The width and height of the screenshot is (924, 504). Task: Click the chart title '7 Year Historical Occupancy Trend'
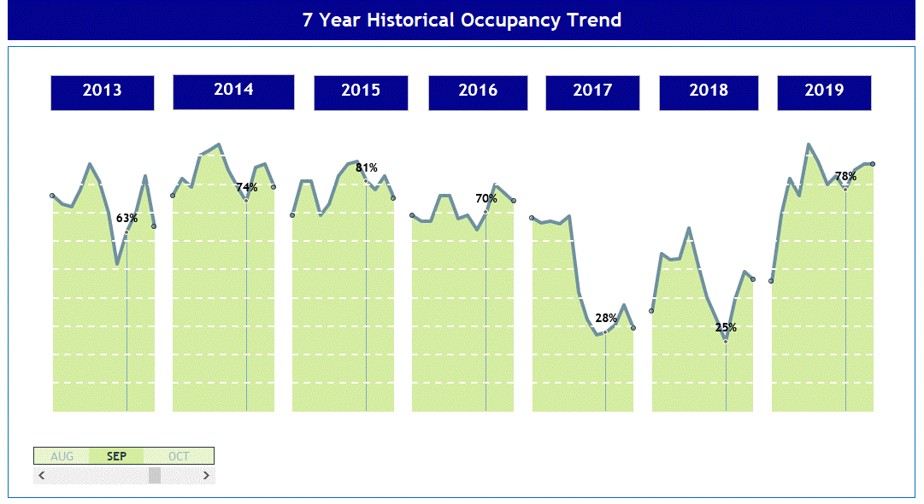pyautogui.click(x=462, y=21)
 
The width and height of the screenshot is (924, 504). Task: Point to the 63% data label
pyautogui.click(x=127, y=218)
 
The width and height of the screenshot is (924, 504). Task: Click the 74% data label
pyautogui.click(x=247, y=187)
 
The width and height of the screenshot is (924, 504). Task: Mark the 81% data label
pyautogui.click(x=367, y=167)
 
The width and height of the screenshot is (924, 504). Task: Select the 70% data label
pyautogui.click(x=486, y=198)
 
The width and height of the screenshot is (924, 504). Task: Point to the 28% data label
pyautogui.click(x=606, y=318)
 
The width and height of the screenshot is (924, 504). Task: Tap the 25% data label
pyautogui.click(x=726, y=327)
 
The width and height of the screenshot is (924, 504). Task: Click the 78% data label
pyautogui.click(x=845, y=176)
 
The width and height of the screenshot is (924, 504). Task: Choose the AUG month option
pyautogui.click(x=62, y=456)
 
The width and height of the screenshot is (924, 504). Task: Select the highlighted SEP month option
pyautogui.click(x=116, y=456)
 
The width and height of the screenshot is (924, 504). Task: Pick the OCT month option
pyautogui.click(x=179, y=456)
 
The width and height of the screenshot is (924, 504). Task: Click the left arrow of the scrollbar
pyautogui.click(x=42, y=476)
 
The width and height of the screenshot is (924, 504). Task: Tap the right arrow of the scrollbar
pyautogui.click(x=206, y=476)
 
